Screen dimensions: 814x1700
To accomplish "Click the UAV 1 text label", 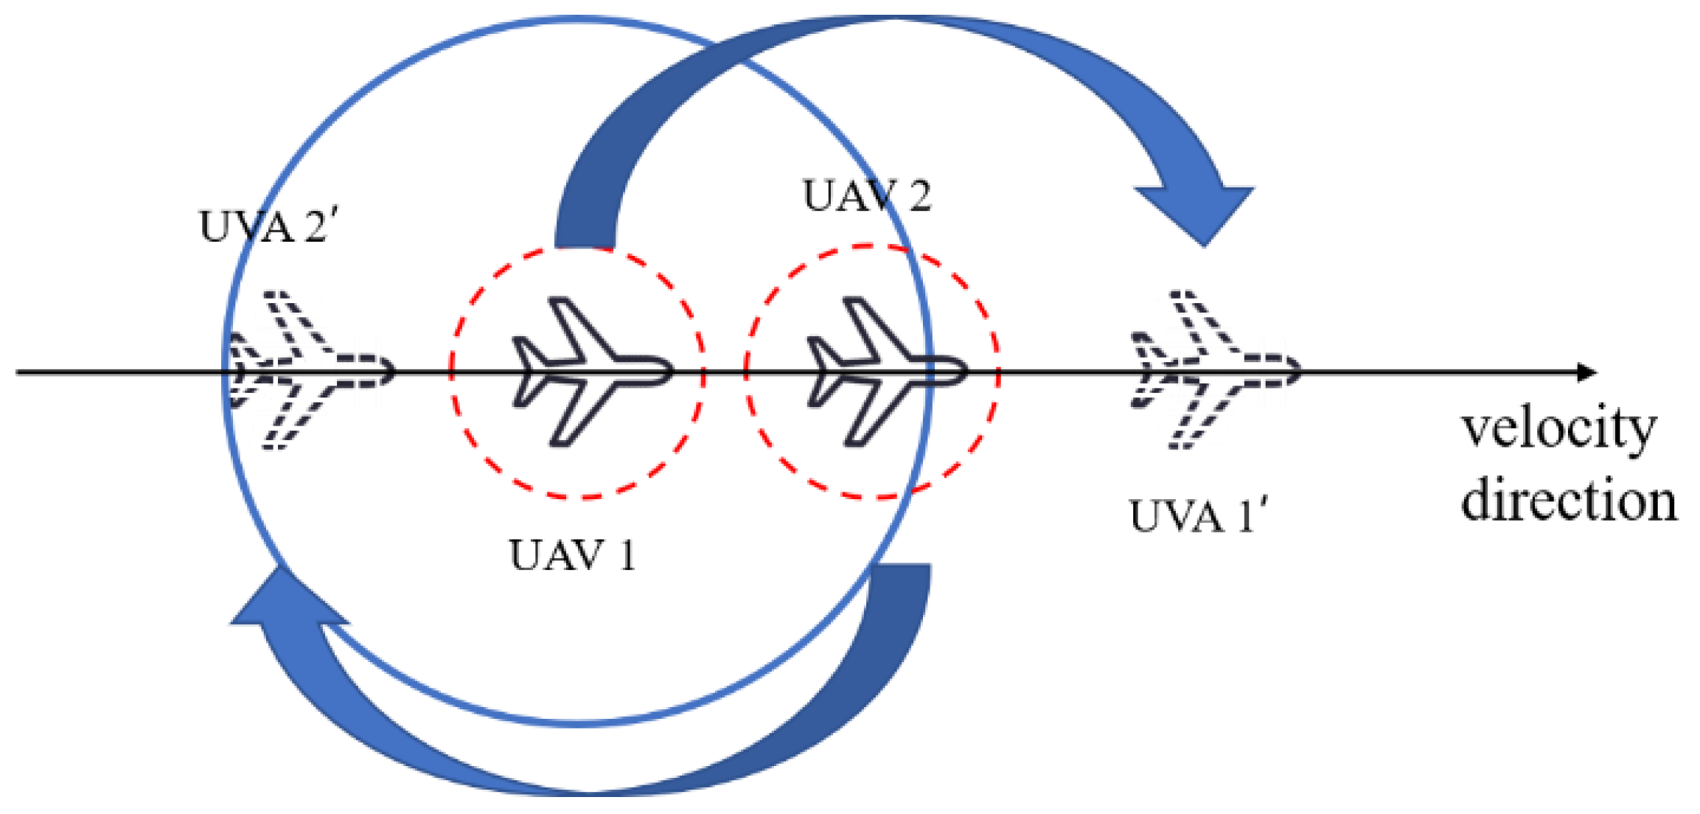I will pyautogui.click(x=572, y=556).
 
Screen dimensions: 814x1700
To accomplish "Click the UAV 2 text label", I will pyautogui.click(x=867, y=196).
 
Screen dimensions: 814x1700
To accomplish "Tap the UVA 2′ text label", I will pyautogui.click(x=268, y=226).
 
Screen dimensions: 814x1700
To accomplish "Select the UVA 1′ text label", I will pyautogui.click(x=1198, y=516).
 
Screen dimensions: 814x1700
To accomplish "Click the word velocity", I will pyautogui.click(x=1559, y=430).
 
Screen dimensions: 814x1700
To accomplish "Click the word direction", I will pyautogui.click(x=1568, y=501).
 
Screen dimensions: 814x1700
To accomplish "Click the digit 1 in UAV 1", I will pyautogui.click(x=627, y=556).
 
